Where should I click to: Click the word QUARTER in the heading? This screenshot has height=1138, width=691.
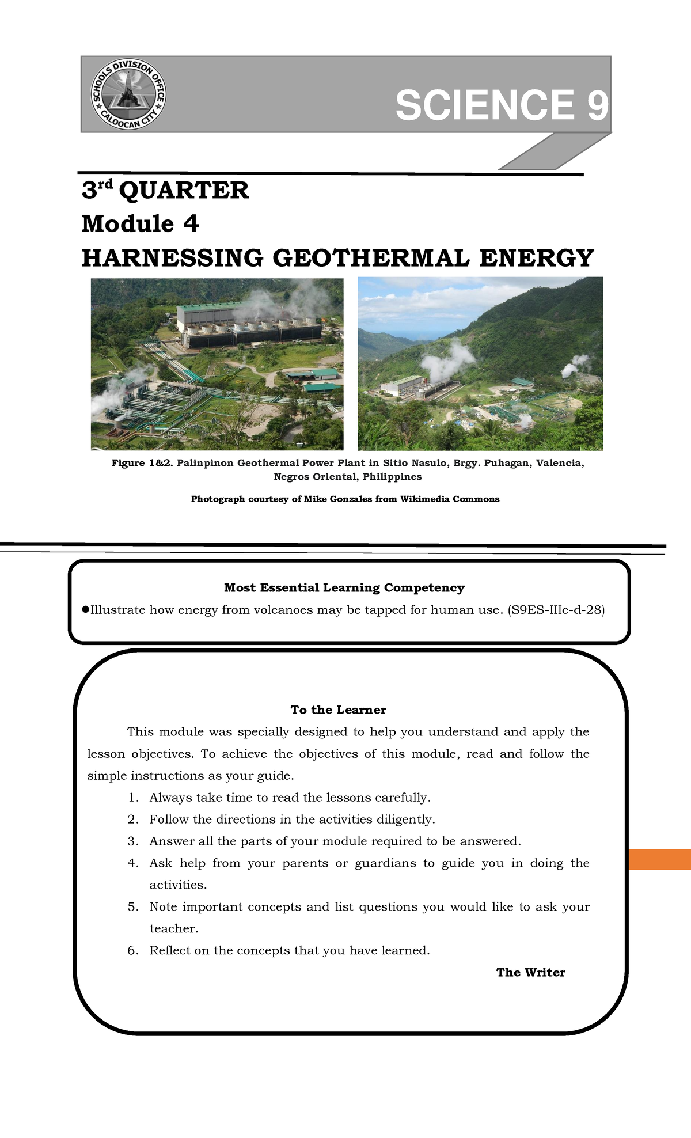click(x=184, y=190)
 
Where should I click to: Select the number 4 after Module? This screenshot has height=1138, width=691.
click(x=191, y=223)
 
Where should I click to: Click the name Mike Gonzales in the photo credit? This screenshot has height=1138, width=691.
click(x=338, y=499)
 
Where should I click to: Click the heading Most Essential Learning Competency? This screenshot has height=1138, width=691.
click(x=344, y=587)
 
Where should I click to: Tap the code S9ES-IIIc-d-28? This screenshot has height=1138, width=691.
click(x=556, y=610)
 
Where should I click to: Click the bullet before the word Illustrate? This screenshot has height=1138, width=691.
click(x=85, y=609)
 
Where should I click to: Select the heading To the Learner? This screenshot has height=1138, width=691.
click(x=338, y=710)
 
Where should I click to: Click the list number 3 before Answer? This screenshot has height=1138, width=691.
click(x=132, y=841)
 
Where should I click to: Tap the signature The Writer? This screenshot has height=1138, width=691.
click(x=530, y=972)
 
